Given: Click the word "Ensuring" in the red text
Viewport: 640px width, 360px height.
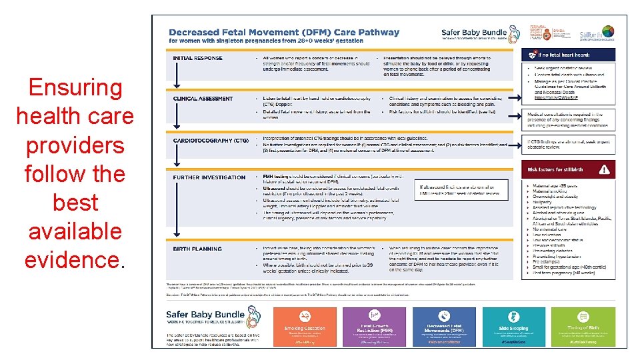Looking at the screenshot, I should click(x=75, y=88).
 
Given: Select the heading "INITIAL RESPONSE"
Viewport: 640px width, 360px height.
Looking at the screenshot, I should click(x=197, y=58).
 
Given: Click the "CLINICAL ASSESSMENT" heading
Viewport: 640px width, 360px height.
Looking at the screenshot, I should click(x=203, y=99).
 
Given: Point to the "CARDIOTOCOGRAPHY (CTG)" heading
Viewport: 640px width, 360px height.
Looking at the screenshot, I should click(x=210, y=141).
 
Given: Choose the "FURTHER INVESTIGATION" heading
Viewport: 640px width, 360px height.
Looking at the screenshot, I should click(x=209, y=177).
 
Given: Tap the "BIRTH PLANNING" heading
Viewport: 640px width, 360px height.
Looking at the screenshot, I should click(x=197, y=249).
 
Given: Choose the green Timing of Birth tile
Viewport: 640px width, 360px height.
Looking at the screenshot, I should click(x=584, y=327).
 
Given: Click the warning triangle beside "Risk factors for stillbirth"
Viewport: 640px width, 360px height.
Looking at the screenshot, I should click(x=604, y=169).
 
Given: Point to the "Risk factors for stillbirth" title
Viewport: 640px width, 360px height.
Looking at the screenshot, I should click(x=555, y=170).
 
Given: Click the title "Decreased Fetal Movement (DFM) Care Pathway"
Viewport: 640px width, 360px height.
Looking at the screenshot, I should click(x=284, y=32).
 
